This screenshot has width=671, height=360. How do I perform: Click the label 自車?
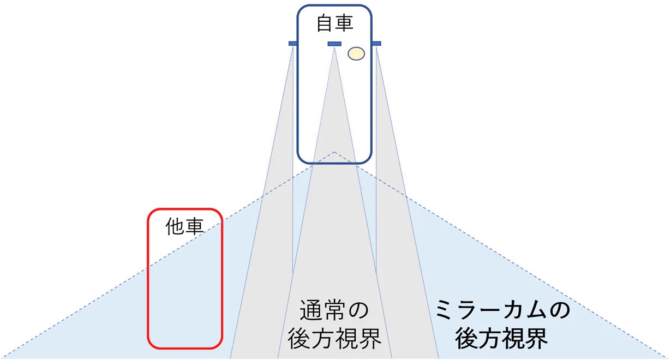click(x=334, y=23)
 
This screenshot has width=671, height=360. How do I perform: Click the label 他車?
click(x=184, y=227)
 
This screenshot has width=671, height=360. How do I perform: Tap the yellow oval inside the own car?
click(x=356, y=53)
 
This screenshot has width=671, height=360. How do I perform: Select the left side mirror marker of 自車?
click(x=292, y=43)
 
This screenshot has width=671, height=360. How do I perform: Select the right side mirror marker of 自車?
click(x=376, y=43)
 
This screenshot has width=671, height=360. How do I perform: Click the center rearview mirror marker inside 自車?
click(x=334, y=44)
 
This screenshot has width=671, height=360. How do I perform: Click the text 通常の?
click(x=334, y=311)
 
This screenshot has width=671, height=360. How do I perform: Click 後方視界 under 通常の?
click(x=334, y=339)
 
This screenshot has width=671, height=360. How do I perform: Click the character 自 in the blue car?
click(x=325, y=23)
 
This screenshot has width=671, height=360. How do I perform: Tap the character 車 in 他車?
click(x=194, y=227)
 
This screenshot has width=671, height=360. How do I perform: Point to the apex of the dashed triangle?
click(x=334, y=152)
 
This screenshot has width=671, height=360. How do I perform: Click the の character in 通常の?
click(x=357, y=311)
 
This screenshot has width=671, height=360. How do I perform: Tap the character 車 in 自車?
click(x=344, y=23)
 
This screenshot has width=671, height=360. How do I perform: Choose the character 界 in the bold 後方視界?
click(x=537, y=339)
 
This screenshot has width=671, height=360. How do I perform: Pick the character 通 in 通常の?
click(x=310, y=311)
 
